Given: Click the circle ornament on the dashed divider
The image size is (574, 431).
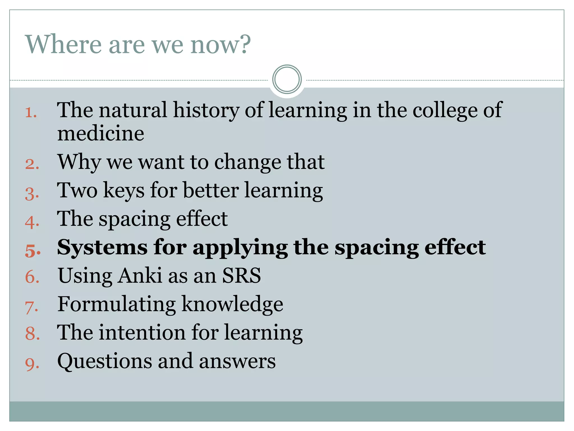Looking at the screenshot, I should click(x=287, y=79).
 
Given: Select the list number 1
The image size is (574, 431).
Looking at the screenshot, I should click(x=31, y=113).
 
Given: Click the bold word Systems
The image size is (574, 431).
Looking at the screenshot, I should click(x=102, y=248).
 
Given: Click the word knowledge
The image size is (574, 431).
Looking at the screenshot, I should click(x=232, y=304).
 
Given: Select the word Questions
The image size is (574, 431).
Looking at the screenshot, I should click(x=105, y=361).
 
